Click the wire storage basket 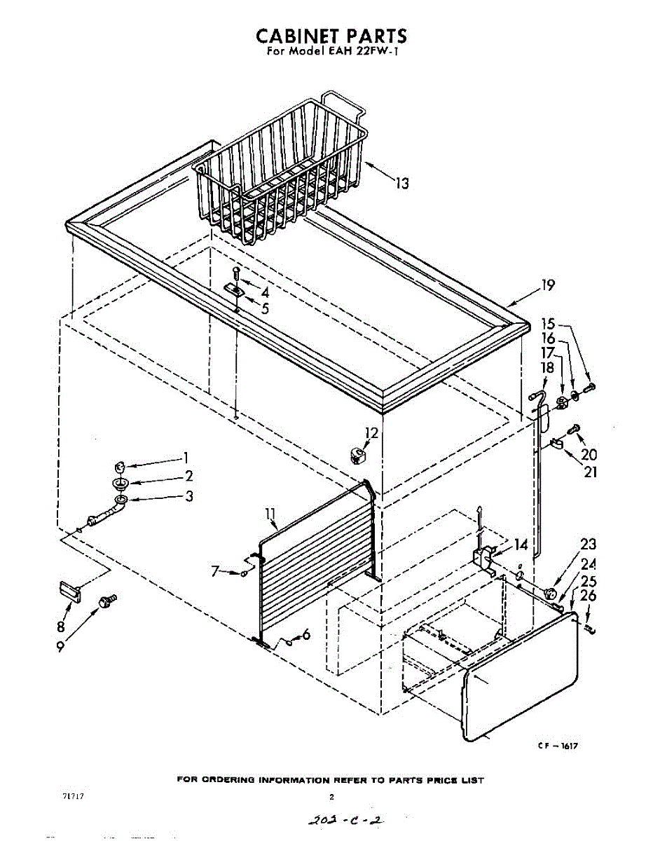pos(280,175)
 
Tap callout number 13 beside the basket pos(401,184)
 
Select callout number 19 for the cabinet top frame pos(547,285)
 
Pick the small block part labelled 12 pos(358,456)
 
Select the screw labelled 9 pos(108,601)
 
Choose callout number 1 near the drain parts pos(186,458)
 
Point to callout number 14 pos(521,544)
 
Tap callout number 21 pos(591,472)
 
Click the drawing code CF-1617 pos(557,746)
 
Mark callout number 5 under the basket pos(265,308)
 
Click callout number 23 pos(588,544)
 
